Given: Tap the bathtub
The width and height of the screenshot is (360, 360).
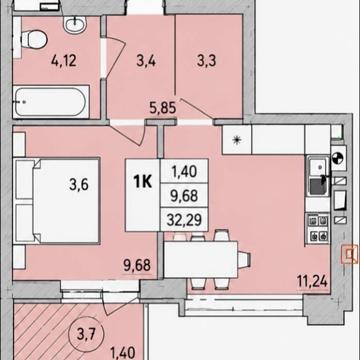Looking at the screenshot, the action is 51,102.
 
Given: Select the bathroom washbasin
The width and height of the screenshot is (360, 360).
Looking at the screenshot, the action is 75,24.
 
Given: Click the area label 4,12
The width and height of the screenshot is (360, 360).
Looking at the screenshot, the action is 64,61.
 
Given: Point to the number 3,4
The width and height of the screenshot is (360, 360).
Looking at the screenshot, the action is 146,61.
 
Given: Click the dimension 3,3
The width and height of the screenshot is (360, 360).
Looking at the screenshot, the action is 207,61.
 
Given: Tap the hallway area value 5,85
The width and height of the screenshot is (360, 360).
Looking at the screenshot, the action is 163,108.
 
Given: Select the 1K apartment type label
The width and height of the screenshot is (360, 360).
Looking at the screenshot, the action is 143,182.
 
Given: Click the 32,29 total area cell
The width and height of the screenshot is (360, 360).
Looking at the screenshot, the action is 184,220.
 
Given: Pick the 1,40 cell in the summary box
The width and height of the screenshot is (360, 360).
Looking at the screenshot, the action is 184,171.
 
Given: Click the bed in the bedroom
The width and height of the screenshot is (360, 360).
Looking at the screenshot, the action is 57,201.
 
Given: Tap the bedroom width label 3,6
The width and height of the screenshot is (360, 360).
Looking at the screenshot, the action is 79,184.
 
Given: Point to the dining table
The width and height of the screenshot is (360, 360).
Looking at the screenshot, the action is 201,260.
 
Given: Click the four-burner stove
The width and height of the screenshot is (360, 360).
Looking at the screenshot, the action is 318,228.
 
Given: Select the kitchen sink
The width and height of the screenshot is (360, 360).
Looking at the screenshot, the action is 318,177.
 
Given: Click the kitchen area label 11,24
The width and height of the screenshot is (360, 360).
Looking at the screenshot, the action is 312,282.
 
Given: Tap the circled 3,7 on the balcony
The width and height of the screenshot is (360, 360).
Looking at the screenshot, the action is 87,333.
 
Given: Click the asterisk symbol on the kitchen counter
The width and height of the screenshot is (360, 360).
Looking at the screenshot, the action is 237,140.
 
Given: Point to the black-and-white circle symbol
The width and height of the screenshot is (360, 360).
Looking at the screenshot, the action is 338,158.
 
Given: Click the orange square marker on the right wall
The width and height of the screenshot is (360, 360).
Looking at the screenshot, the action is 349,254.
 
